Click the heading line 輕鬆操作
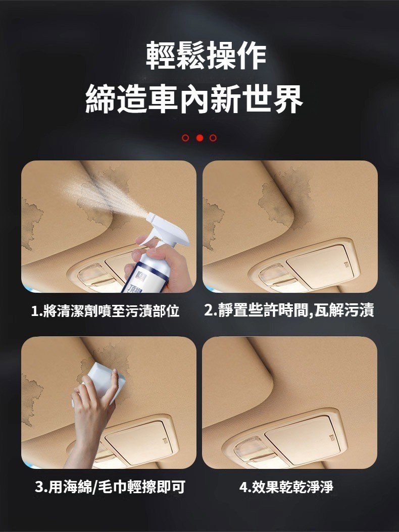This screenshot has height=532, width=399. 206,56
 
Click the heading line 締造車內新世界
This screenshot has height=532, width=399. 194,98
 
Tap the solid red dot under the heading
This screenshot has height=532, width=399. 199,138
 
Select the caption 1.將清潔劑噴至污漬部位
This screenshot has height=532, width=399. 105,311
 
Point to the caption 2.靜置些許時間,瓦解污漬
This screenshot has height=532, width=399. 289,310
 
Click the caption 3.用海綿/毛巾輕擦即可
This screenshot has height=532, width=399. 110,487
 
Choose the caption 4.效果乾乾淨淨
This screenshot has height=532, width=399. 286,487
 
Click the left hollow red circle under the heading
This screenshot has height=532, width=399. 185,138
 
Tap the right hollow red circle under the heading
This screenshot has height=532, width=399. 213,138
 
